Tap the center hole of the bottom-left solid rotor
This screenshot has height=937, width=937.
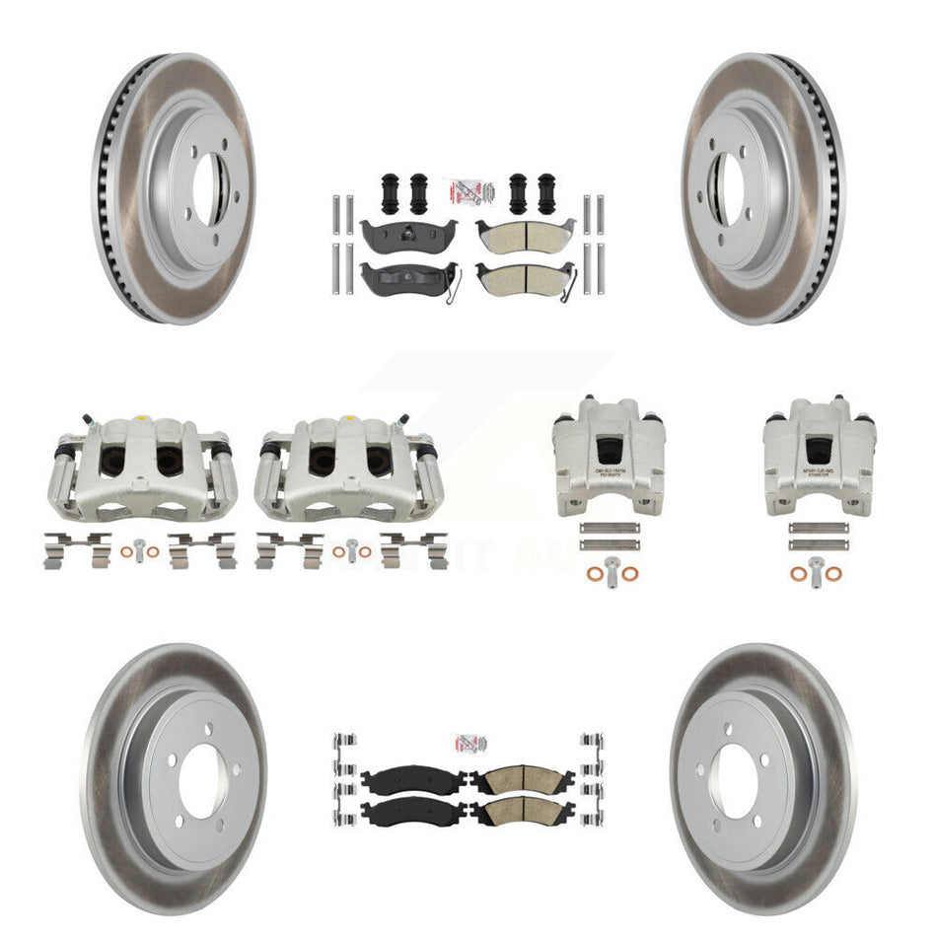(203, 779)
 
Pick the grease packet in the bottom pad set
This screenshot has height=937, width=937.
(468, 743)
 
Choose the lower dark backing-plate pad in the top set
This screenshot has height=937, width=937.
(407, 277)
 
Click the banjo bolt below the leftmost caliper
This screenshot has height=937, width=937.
(143, 550)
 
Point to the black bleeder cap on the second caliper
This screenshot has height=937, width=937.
(267, 450)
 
